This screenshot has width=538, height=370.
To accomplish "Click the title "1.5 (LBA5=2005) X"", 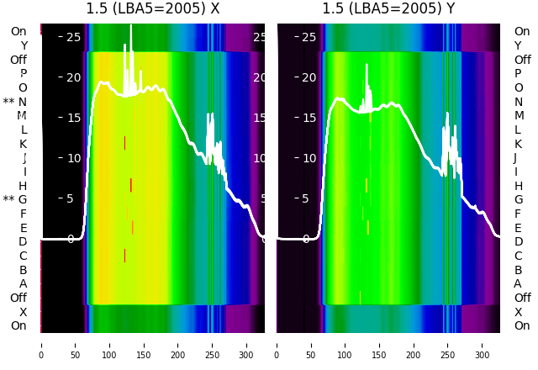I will (153, 9).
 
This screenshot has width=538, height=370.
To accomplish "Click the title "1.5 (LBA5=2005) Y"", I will (388, 9).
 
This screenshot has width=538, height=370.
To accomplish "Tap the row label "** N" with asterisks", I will (15, 102).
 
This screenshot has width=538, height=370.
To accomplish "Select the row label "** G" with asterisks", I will (15, 199).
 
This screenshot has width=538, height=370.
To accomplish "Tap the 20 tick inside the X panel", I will (73, 77).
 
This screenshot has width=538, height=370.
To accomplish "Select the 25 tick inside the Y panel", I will (309, 37).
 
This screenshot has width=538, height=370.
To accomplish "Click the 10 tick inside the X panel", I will (73, 158).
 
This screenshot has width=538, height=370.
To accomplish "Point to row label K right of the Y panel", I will (519, 144).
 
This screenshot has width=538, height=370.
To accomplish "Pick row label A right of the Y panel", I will (518, 283).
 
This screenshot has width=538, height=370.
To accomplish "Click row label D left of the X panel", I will (23, 241).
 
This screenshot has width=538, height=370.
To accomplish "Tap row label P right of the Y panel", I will (518, 74).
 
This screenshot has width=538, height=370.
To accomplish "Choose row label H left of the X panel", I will (23, 186).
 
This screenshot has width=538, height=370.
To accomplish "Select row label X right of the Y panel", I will (518, 312).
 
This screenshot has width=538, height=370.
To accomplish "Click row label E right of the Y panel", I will (518, 228).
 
